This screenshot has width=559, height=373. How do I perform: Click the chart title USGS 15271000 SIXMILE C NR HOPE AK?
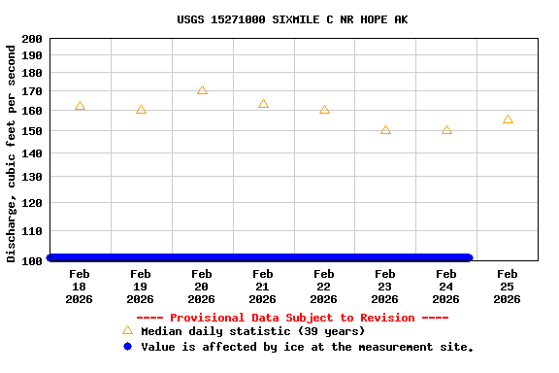point(292,18)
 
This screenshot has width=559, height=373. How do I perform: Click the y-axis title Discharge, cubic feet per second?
point(12,153)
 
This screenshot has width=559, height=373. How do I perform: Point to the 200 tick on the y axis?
point(31,39)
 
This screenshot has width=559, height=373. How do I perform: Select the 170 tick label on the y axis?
point(31,91)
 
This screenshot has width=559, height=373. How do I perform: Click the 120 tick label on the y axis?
point(31,203)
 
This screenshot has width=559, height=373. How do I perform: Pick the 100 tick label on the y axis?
point(31,260)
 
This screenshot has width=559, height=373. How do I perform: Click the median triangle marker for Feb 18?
point(80,106)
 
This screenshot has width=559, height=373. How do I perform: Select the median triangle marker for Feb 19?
point(141,110)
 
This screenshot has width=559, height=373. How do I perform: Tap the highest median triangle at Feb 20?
point(202,90)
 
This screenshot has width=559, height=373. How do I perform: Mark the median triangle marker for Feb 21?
point(263,104)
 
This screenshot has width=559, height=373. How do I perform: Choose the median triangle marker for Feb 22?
point(324,110)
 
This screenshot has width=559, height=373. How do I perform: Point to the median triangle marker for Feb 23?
point(385,129)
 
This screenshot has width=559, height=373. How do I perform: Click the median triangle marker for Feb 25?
point(508,119)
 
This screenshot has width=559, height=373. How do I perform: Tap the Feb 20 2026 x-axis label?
point(202,287)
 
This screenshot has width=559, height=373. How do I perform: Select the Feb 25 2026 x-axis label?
point(508,287)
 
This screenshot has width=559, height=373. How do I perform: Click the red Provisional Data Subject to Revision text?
point(292,318)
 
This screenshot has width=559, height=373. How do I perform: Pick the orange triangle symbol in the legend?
point(127,330)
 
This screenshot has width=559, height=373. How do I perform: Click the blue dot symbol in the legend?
point(127,346)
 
